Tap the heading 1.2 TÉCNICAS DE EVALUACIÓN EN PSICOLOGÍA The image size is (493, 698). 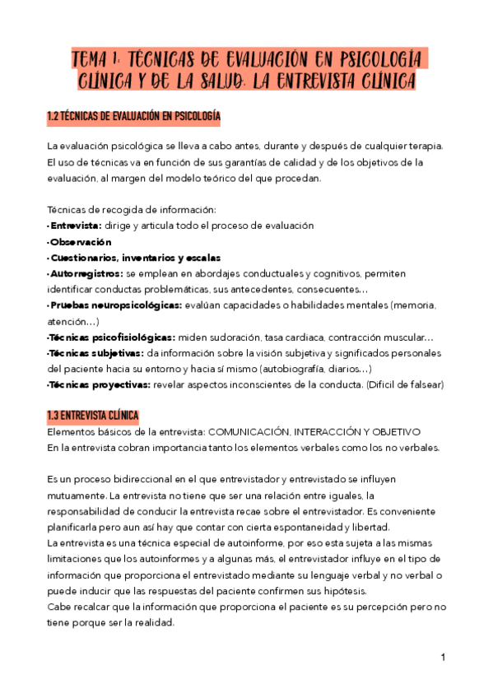tap(133, 117)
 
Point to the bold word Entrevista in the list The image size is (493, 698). tap(75, 226)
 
